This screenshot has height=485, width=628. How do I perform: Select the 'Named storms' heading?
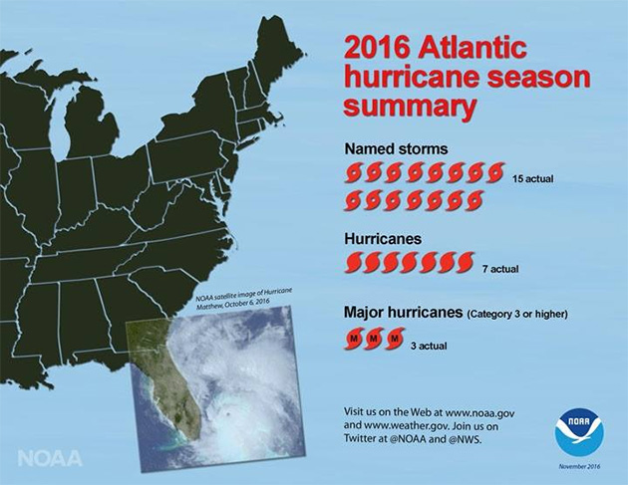pos(396,149)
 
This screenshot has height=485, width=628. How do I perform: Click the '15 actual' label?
pos(532,179)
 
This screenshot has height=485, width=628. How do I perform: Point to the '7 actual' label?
pos(499,268)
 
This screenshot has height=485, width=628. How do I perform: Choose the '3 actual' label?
pos(429,346)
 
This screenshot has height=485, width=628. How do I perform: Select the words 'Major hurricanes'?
pos(402,314)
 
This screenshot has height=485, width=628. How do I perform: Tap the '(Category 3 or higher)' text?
pos(516,315)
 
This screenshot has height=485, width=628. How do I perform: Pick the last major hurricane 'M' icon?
pos(395,342)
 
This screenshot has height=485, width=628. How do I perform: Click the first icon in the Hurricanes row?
pos(354,264)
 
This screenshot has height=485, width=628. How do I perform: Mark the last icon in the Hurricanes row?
pos(465,264)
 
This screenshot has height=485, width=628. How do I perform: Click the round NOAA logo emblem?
pos(579,431)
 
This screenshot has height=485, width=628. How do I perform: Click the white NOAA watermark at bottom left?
pos(50,458)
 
